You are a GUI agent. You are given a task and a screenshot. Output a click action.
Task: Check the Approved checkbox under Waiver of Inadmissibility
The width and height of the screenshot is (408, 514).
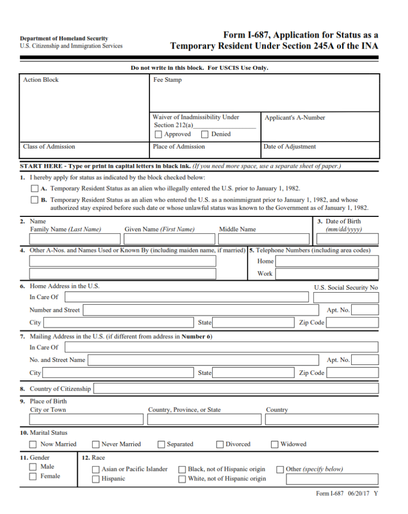coord(159,135)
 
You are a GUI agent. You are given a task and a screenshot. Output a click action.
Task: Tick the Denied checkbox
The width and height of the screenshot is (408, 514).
coord(205,135)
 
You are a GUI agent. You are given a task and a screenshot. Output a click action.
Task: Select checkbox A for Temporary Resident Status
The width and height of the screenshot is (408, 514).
coord(34,189)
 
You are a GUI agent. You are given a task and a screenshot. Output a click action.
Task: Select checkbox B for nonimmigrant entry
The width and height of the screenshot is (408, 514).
coord(34,200)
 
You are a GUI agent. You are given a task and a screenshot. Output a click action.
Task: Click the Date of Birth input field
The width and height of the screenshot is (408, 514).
coord(347,239)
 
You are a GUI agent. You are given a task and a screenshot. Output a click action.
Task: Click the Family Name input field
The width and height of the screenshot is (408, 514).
coord(76,239)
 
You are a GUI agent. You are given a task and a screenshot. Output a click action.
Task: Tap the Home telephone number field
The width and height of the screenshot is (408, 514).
coord(327,261)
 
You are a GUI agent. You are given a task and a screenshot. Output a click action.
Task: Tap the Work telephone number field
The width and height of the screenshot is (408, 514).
coord(327,274)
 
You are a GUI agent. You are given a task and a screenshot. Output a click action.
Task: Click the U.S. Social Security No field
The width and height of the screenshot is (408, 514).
coord(346,297)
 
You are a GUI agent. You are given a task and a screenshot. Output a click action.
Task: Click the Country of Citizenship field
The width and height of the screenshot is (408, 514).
coord(236,389)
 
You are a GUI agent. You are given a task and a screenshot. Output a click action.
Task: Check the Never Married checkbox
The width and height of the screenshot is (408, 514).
coord(96,445)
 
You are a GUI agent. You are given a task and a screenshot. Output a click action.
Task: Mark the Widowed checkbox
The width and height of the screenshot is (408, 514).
coord(275,445)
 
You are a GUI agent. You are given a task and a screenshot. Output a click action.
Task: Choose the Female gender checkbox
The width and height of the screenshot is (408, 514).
coord(33,476)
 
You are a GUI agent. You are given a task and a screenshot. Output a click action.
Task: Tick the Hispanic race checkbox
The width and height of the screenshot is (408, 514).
coord(96,479)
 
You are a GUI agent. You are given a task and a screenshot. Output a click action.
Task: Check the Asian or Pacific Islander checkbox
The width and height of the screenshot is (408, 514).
coord(96,469)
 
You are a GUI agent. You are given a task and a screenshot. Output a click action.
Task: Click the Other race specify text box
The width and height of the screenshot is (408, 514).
coord(332,479)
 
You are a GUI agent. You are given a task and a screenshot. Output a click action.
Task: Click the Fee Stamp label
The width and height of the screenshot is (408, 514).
coord(168,80)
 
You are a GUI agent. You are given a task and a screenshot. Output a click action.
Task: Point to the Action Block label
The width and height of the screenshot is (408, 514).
coord(41,80)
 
